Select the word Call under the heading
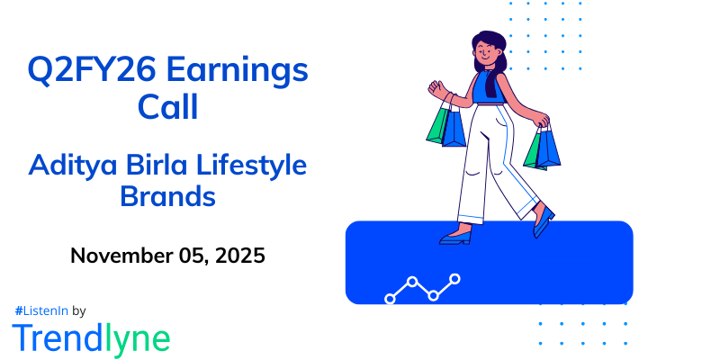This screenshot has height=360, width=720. pos(167,106)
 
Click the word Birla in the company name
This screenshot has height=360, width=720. pos(154,166)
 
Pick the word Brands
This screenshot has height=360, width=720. pos(167,196)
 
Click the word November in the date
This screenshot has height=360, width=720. pos(120,256)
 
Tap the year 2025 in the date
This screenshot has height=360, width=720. pos(238,256)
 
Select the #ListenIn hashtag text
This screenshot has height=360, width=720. pos(40,310)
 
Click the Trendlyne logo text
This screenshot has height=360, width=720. pos(91,337)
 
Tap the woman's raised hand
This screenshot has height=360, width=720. pos(436,89)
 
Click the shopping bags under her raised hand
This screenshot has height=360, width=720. pos(446,126)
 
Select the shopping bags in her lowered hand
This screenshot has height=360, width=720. pos(542,148)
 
